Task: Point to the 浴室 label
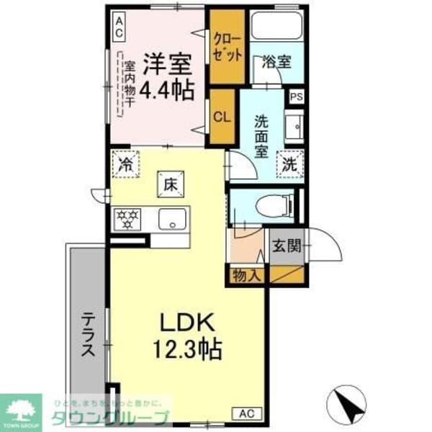277,61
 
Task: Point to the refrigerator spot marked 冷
125,164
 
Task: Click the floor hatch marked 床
171,185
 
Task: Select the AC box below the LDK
245,413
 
